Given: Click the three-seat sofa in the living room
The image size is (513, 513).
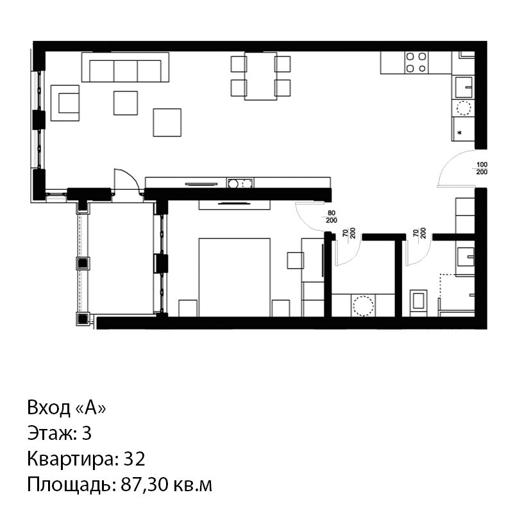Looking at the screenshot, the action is point(125,67).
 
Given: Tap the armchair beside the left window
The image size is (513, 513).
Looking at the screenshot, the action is point(65,103).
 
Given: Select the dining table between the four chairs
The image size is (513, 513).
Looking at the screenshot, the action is point(261,76).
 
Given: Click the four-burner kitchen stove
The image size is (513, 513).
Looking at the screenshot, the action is point(416,62).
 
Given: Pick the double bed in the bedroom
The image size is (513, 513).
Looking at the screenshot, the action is point(235,278).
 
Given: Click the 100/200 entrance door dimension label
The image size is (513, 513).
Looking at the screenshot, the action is point(482,168).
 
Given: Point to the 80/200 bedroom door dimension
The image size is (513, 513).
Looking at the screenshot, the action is point(332,217).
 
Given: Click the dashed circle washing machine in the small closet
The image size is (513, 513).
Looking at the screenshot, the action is point(363,306).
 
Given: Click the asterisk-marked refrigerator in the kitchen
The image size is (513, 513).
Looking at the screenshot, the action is point(463,130).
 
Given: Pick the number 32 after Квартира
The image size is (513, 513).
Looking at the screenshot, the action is point(134,458).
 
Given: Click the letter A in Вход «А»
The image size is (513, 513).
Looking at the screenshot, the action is point(90,408).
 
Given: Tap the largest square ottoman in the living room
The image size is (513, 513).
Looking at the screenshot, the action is point(167,122).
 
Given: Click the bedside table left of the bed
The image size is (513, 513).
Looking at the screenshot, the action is point(188,308).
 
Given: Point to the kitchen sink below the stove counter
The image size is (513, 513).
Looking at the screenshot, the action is point(463,87).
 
